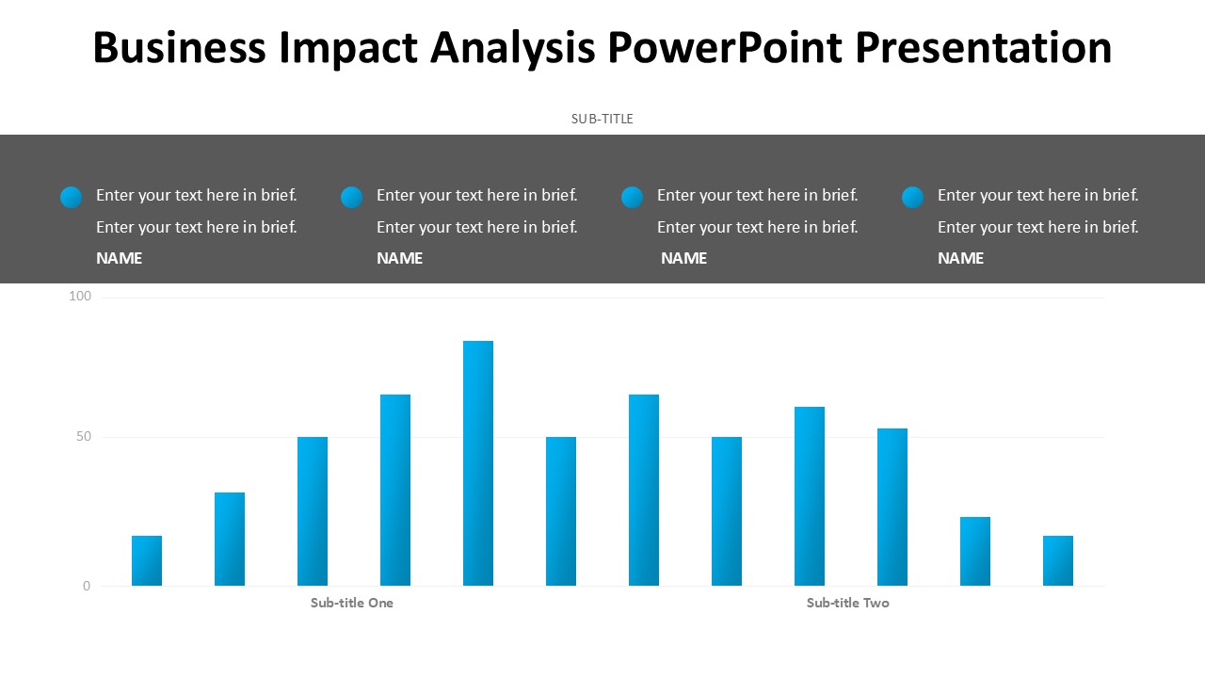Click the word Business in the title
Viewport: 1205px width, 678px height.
click(x=179, y=47)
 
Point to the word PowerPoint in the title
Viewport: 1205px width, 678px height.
click(x=725, y=47)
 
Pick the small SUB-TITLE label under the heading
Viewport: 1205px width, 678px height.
click(x=602, y=119)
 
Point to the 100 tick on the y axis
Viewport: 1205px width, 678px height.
click(x=81, y=297)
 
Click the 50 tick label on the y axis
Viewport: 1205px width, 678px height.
click(x=84, y=437)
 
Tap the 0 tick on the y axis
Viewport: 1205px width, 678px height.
click(x=87, y=586)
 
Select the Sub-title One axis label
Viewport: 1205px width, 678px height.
click(x=352, y=603)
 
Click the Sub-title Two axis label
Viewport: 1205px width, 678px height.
click(x=847, y=603)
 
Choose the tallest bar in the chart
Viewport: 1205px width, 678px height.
click(x=478, y=463)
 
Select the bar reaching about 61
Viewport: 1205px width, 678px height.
click(x=810, y=496)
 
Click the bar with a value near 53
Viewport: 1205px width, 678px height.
click(x=892, y=507)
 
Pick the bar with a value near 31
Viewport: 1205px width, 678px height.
click(x=230, y=539)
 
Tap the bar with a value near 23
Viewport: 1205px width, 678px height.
click(x=975, y=551)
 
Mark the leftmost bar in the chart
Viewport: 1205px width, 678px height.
click(x=147, y=560)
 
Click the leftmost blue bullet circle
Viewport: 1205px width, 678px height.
click(x=71, y=197)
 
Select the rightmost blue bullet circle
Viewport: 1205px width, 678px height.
click(x=912, y=197)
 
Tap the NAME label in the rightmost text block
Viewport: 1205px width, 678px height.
click(x=960, y=258)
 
